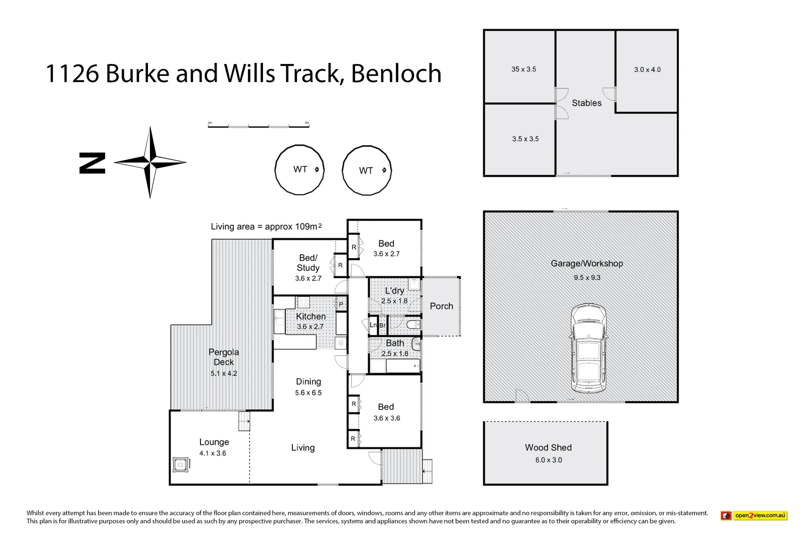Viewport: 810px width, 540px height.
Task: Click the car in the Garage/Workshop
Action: tap(588, 349)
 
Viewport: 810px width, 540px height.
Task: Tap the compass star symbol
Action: tap(150, 162)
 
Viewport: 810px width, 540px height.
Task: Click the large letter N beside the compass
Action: tap(92, 163)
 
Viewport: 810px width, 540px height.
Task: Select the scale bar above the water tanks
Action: tap(258, 125)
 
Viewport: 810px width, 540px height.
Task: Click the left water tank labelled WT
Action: tap(299, 170)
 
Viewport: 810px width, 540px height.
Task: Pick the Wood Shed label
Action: tap(548, 447)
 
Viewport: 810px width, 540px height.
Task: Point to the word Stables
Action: tap(586, 103)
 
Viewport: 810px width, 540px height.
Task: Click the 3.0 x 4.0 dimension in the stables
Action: tap(647, 70)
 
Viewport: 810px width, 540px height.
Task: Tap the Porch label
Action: tap(441, 306)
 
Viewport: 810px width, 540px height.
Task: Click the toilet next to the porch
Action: tap(413, 325)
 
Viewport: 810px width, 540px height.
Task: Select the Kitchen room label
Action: tap(310, 316)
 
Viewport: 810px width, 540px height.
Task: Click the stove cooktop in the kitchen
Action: tap(303, 302)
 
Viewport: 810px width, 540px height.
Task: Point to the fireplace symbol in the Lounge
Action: tap(180, 465)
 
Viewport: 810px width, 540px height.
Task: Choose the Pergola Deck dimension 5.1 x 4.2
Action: tap(223, 373)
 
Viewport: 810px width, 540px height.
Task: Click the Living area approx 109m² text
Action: tap(266, 226)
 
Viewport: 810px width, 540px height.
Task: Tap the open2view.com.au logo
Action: tap(753, 515)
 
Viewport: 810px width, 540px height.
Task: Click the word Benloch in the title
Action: tap(396, 74)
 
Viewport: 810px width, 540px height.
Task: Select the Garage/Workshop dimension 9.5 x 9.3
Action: tap(587, 277)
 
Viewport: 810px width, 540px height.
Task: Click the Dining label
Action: tap(308, 381)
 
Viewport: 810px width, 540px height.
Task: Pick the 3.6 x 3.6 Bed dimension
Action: tap(386, 418)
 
